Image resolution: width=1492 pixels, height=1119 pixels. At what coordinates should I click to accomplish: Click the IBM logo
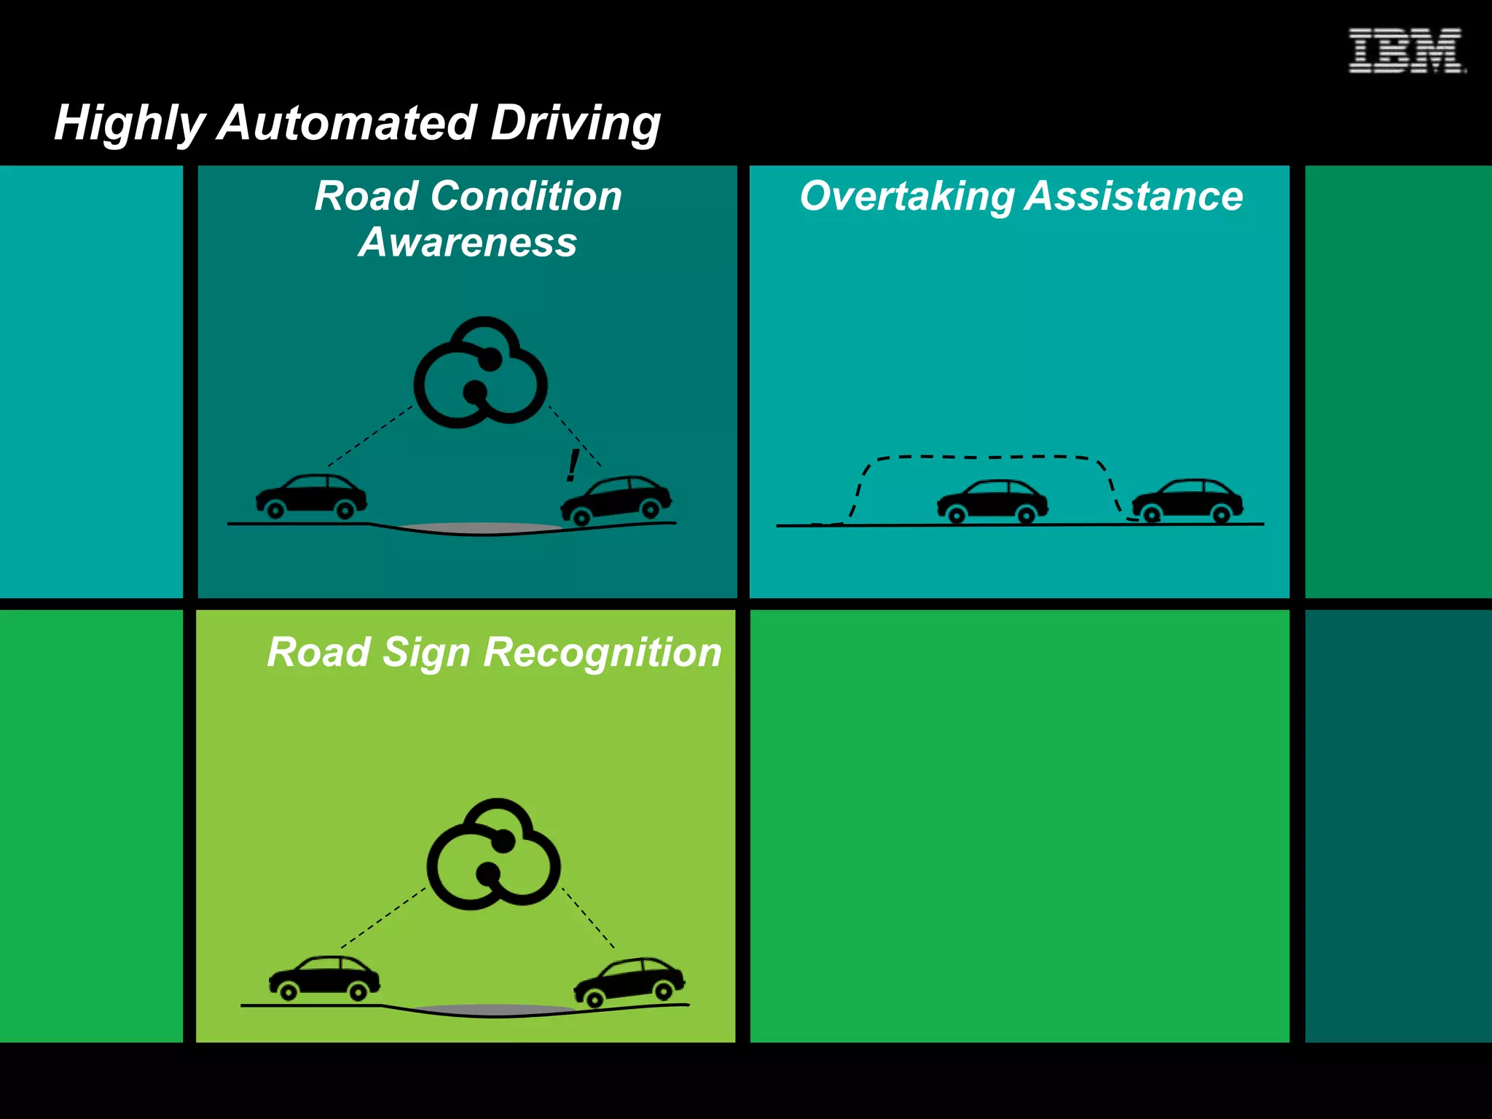1405,51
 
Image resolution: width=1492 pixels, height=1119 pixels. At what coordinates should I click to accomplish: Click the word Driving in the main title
575,122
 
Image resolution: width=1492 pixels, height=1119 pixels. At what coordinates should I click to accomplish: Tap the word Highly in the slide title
130,122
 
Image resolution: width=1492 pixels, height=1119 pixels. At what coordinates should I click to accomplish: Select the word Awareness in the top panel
467,242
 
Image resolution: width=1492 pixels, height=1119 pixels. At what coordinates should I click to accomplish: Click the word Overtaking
907,196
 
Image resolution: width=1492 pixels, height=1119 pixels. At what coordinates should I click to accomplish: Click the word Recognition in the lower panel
602,651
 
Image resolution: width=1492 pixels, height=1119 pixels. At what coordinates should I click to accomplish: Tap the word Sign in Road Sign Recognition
427,651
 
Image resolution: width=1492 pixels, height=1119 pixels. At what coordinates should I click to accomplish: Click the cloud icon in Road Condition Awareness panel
480,373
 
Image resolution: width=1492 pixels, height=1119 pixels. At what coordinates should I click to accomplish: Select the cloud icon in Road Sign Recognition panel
493,855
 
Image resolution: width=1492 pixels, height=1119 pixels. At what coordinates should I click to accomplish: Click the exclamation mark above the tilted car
573,466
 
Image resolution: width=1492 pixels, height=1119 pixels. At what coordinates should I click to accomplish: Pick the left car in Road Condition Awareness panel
311,497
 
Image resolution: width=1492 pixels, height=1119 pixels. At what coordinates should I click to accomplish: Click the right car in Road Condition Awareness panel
616,500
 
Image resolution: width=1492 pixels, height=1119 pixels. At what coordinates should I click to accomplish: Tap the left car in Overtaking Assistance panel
992,501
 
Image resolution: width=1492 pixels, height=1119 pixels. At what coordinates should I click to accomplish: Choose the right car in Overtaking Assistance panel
1187,500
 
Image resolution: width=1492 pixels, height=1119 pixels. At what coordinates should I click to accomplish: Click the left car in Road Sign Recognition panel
324,978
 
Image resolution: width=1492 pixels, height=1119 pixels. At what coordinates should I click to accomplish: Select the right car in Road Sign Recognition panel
629,981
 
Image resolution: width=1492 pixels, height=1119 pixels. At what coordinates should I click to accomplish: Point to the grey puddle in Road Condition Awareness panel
481,527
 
